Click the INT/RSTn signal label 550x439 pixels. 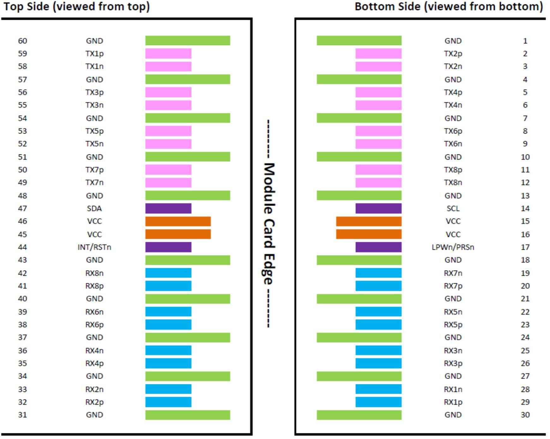tap(94, 247)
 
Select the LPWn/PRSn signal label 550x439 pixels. tap(453, 247)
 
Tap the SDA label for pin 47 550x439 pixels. tap(94, 208)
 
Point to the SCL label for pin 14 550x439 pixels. tap(453, 208)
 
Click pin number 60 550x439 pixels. tap(22, 41)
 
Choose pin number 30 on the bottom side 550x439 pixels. tap(525, 415)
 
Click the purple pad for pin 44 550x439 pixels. tap(168, 247)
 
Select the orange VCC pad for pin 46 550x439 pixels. tap(178, 221)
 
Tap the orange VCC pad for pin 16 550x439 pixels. tap(369, 234)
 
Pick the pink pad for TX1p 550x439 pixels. tap(168, 53)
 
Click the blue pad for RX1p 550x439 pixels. tap(379, 402)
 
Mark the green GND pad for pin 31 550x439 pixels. tap(188, 415)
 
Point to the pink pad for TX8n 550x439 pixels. tap(379, 183)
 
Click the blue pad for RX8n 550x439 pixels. tap(168, 273)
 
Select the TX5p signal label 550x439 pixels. tap(94, 131)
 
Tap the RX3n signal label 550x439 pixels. tap(453, 351)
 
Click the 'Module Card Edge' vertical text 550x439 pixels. tap(269, 224)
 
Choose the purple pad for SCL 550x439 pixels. tap(379, 208)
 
